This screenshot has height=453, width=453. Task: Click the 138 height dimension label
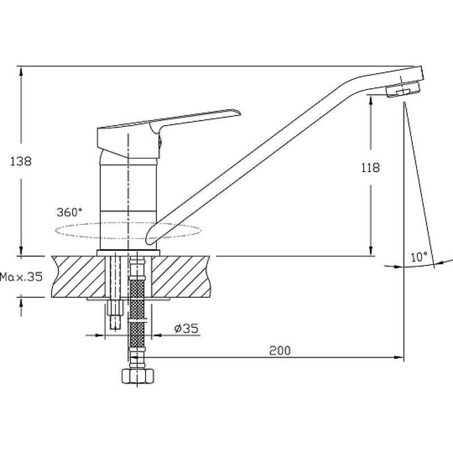point(21,161)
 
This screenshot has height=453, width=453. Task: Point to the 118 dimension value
point(371,168)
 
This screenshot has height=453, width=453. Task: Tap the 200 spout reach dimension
point(280,351)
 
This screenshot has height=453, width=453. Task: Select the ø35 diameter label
point(186,328)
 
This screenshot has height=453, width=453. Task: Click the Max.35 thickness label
point(22,277)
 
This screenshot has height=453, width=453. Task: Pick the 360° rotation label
point(69,212)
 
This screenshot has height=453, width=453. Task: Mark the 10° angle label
point(419,257)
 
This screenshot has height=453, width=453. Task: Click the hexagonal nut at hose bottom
point(138,376)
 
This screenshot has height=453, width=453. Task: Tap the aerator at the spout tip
point(403,89)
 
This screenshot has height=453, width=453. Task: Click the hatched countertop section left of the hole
point(78,276)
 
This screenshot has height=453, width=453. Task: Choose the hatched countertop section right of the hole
point(181,276)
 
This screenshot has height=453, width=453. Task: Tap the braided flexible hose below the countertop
point(138,312)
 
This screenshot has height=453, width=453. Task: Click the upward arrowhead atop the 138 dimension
point(21,71)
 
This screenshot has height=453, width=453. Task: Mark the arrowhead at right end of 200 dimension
point(399,357)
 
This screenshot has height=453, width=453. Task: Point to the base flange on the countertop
point(129,253)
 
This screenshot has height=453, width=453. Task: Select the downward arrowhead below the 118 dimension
point(371,251)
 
